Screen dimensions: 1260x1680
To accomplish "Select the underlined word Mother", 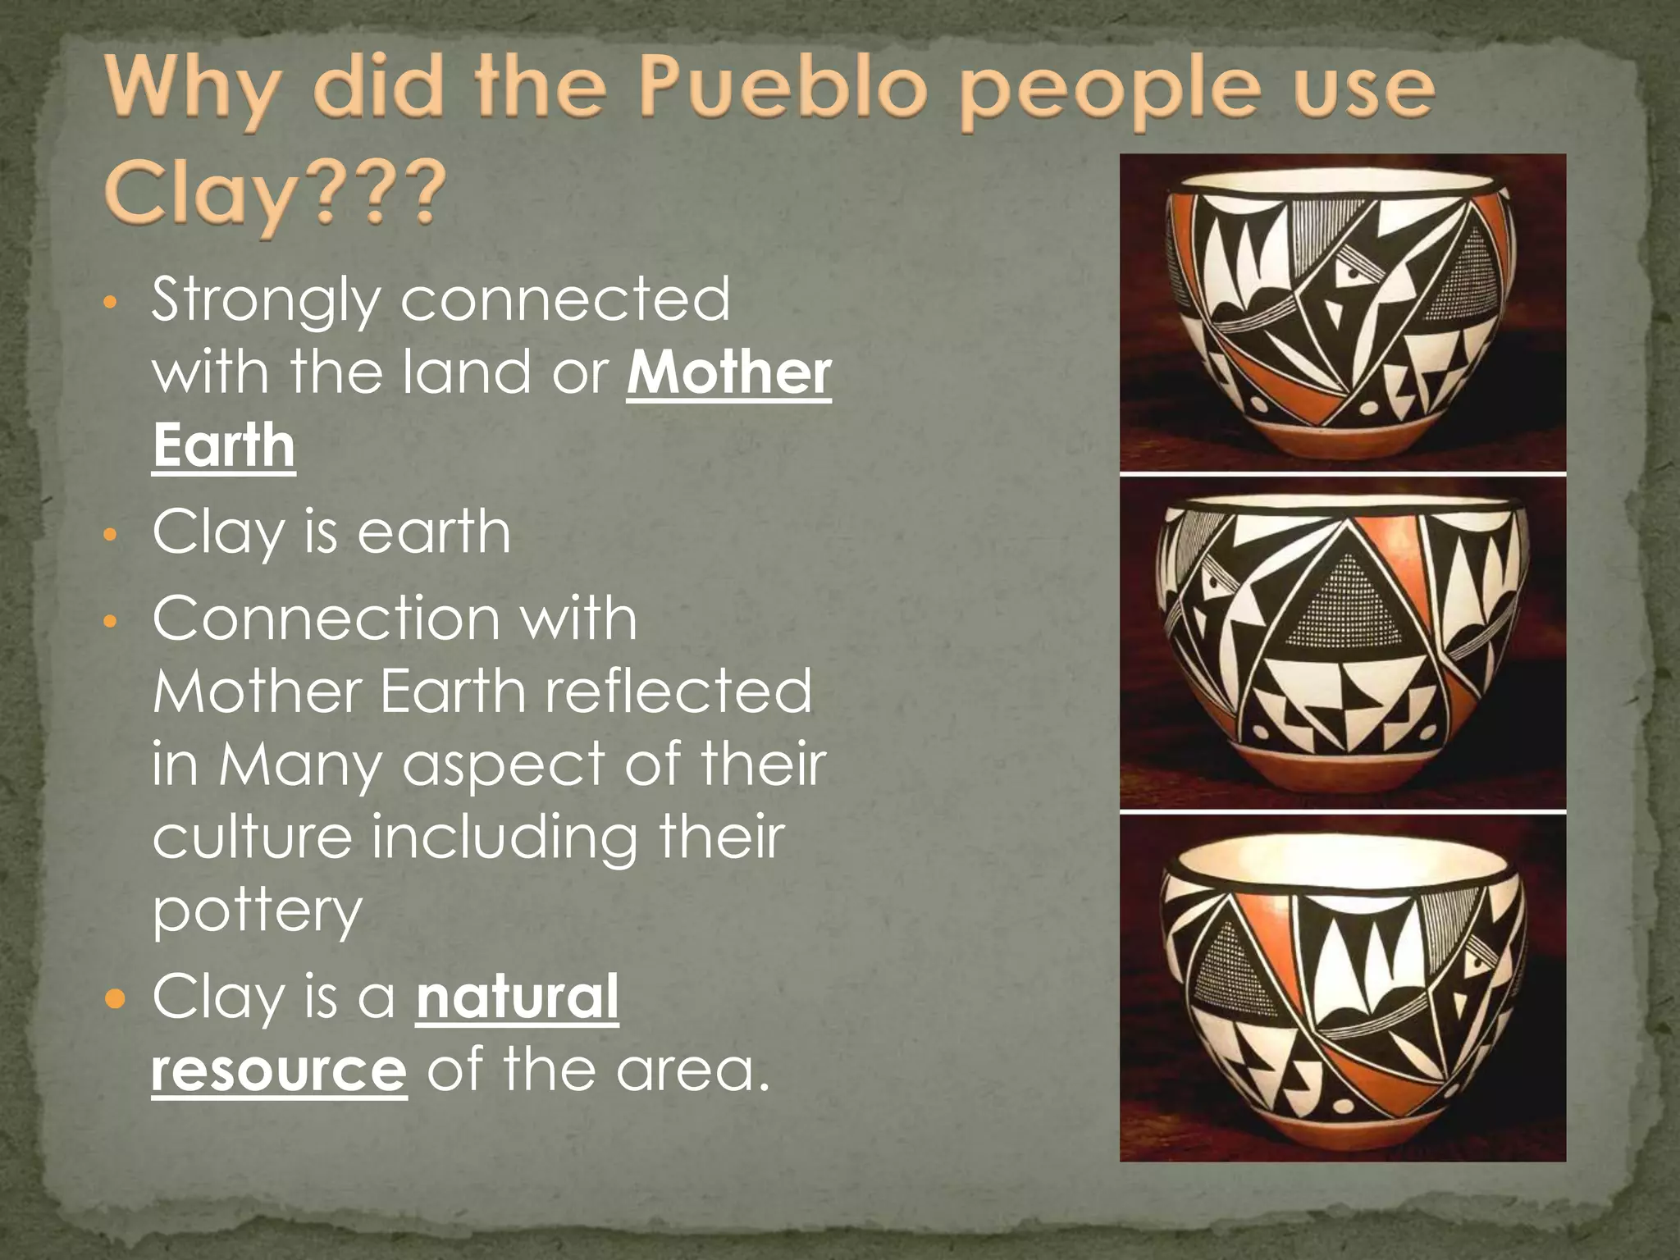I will pyautogui.click(x=729, y=374).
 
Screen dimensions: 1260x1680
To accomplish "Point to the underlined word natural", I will pyautogui.click(x=518, y=997).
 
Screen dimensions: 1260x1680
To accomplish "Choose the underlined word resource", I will pyautogui.click(x=279, y=1070).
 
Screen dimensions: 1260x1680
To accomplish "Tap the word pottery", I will pyautogui.click(x=257, y=911).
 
